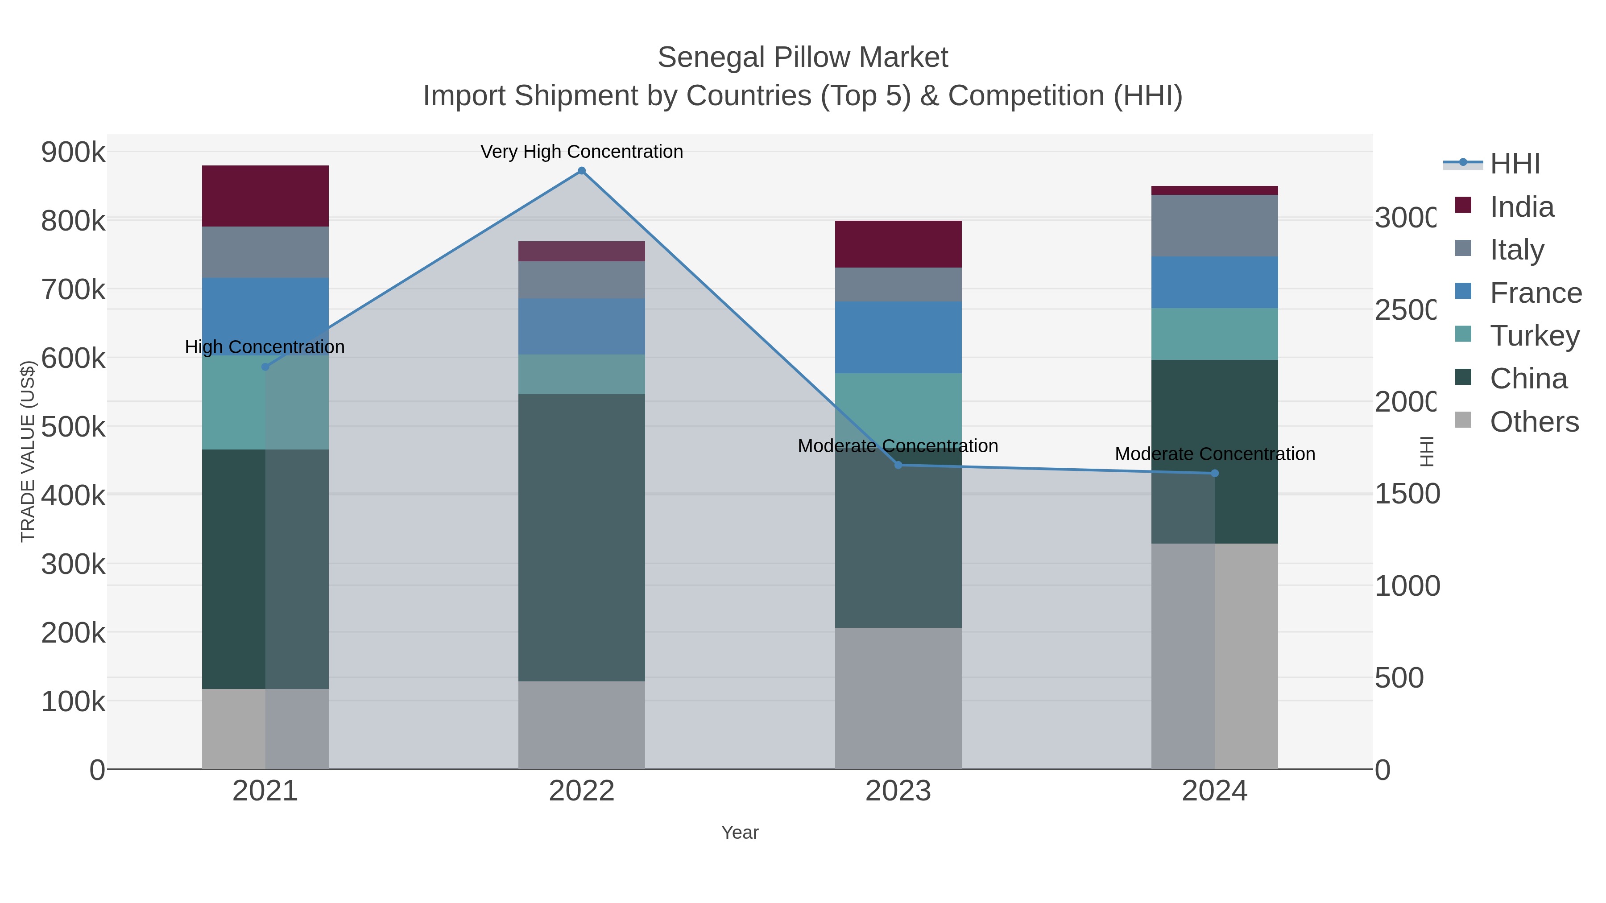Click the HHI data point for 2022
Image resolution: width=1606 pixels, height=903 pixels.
(x=582, y=171)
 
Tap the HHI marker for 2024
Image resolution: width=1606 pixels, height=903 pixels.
(x=1214, y=474)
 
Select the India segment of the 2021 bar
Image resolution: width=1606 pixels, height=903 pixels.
(x=265, y=196)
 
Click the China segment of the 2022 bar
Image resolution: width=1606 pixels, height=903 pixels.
(x=582, y=537)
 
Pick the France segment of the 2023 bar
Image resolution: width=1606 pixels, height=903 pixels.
(x=898, y=337)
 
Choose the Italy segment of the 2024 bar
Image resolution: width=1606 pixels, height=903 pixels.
(x=1214, y=226)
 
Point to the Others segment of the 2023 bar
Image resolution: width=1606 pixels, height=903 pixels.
(x=898, y=698)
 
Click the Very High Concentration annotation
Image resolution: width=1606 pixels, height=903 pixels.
(x=582, y=152)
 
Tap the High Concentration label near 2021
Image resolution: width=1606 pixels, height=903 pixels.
(x=265, y=347)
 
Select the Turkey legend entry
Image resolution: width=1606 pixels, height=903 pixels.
(x=1534, y=336)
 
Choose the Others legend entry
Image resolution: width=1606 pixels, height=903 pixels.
(x=1534, y=422)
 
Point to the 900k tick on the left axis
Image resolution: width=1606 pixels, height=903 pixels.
(x=73, y=152)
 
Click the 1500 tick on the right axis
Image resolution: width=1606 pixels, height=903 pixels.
(x=1407, y=494)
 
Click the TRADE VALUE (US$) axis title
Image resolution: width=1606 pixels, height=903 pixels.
(x=28, y=451)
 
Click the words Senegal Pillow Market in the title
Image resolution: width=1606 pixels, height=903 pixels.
(x=803, y=58)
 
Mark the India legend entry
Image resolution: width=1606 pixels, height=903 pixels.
(x=1521, y=207)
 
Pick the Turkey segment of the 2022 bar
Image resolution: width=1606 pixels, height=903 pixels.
(x=582, y=375)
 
